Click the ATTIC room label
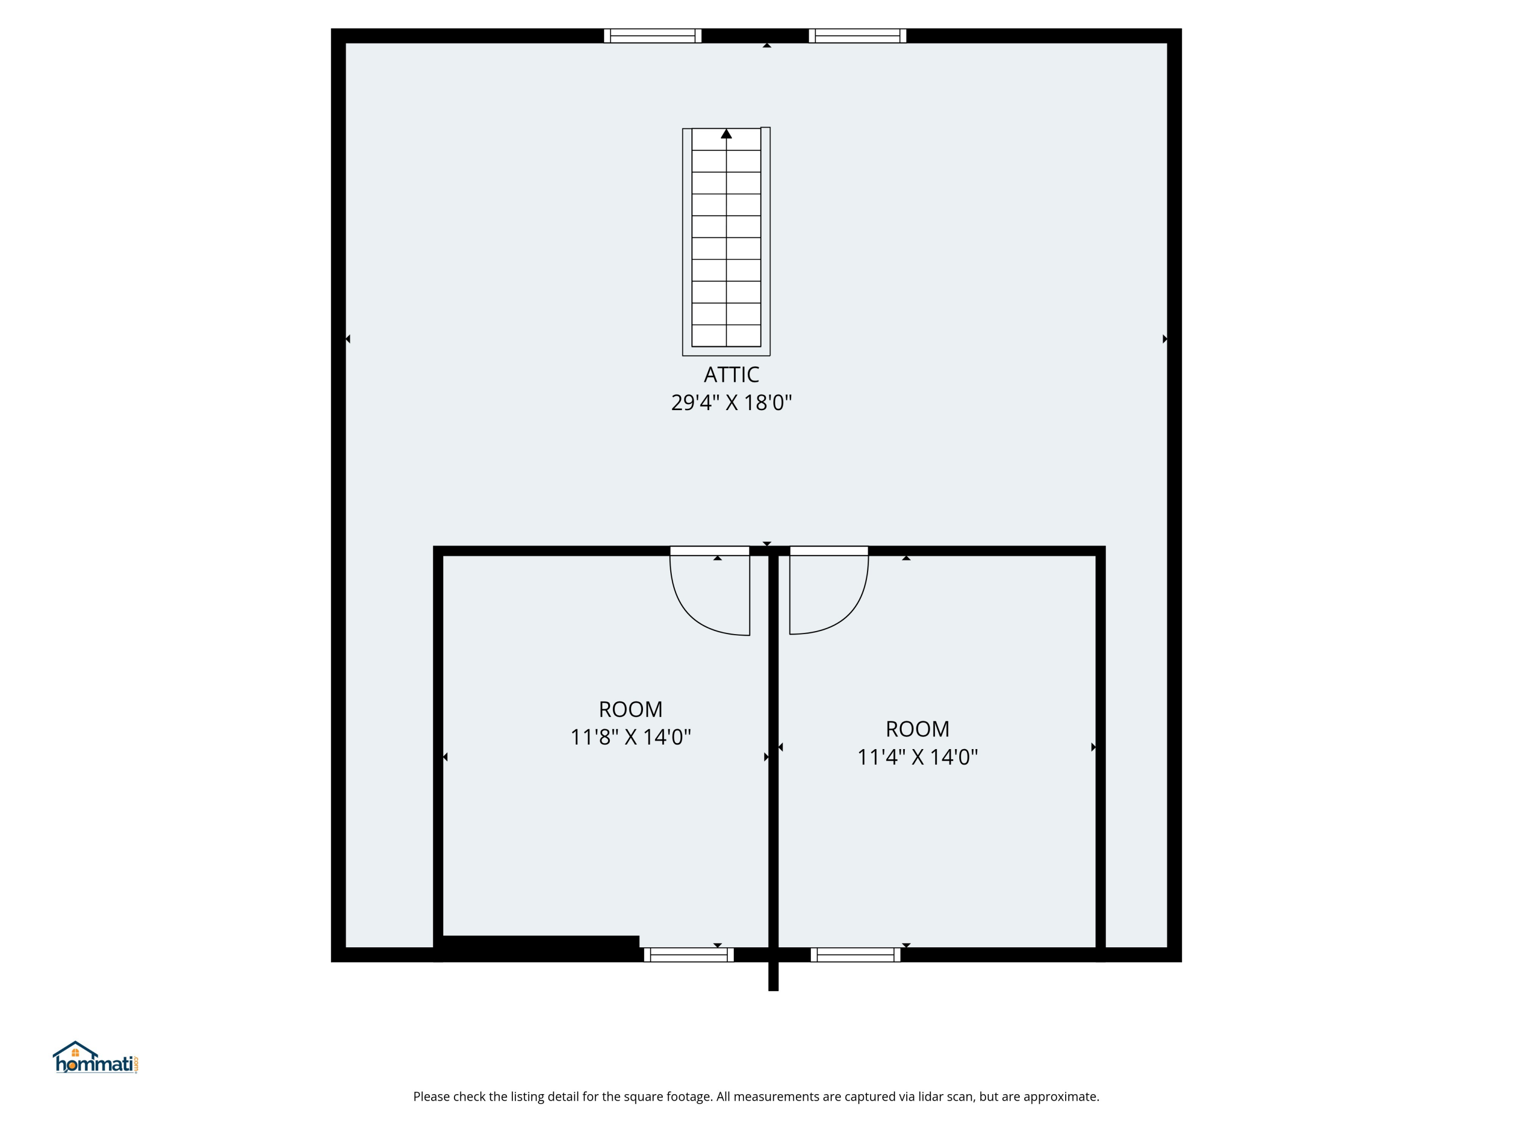731,374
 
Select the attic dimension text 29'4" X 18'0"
731,402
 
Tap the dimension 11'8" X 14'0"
630,737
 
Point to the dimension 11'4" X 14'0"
917,757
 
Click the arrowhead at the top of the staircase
726,134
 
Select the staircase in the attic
726,240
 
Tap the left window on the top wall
653,36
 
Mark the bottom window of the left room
688,954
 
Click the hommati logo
96,1058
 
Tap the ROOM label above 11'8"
630,709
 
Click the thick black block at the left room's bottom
540,947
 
